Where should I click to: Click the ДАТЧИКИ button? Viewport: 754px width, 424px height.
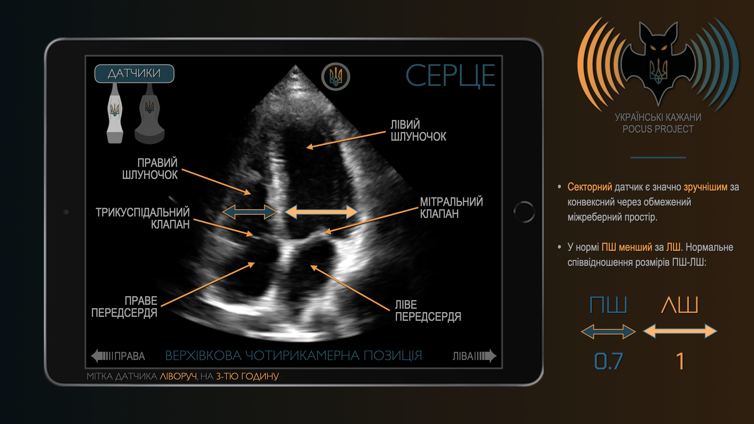[x=134, y=73]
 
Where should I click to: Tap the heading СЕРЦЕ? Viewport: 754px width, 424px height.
[x=450, y=75]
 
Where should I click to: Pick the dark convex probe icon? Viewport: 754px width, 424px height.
[x=150, y=114]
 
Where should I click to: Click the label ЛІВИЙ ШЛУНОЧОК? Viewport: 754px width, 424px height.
[x=418, y=130]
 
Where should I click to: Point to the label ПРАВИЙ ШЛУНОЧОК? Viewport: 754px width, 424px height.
[x=150, y=168]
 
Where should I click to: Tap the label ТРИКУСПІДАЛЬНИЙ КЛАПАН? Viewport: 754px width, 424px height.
[x=143, y=218]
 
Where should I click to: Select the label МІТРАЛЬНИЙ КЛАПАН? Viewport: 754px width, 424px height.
[x=451, y=208]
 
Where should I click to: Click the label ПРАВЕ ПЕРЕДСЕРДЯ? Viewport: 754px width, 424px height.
[x=124, y=307]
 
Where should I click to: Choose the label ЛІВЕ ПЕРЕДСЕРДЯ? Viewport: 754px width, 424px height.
[x=428, y=311]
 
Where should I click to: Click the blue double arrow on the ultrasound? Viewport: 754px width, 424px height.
[x=250, y=212]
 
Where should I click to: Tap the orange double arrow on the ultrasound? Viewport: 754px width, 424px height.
[x=321, y=212]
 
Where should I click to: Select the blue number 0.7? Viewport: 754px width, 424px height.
[x=608, y=361]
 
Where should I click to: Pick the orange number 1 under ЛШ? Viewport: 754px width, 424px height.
[x=680, y=361]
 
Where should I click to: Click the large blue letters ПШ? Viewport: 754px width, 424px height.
[x=608, y=305]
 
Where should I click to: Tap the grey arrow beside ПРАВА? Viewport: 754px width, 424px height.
[x=102, y=356]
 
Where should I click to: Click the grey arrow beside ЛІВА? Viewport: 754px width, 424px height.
[x=486, y=356]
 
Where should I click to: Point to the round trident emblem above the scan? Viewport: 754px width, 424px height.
[x=336, y=77]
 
